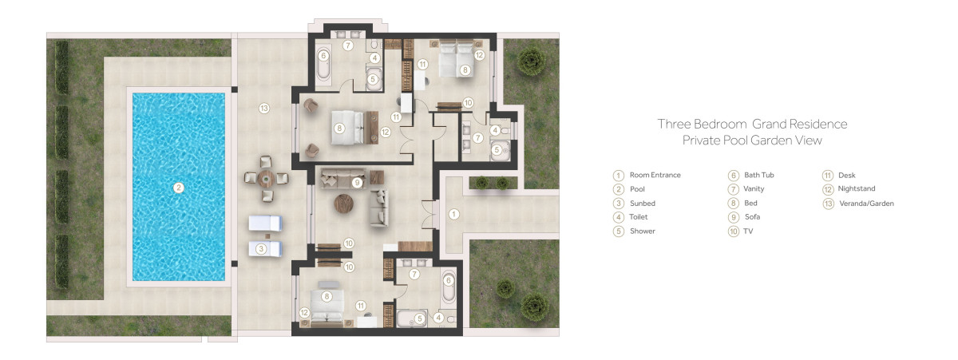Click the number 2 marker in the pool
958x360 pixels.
[178, 188]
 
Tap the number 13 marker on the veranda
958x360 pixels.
[264, 109]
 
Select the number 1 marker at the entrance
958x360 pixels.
[453, 214]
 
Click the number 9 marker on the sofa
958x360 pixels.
[357, 183]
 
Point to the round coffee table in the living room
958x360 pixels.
[343, 203]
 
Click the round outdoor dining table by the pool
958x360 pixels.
[266, 178]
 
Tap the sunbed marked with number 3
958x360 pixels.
[265, 248]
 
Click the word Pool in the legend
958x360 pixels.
[637, 189]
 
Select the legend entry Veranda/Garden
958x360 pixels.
[866, 204]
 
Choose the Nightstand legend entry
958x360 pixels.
[856, 188]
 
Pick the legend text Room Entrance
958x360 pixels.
[655, 175]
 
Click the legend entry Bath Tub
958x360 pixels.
[758, 175]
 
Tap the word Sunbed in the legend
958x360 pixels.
[643, 203]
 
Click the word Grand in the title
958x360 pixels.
[769, 124]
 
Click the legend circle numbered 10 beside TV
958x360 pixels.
[734, 231]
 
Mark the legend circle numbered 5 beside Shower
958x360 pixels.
[619, 231]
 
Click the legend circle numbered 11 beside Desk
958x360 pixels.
[828, 176]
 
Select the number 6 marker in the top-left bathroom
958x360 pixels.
[323, 56]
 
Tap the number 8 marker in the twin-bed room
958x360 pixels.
[465, 69]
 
